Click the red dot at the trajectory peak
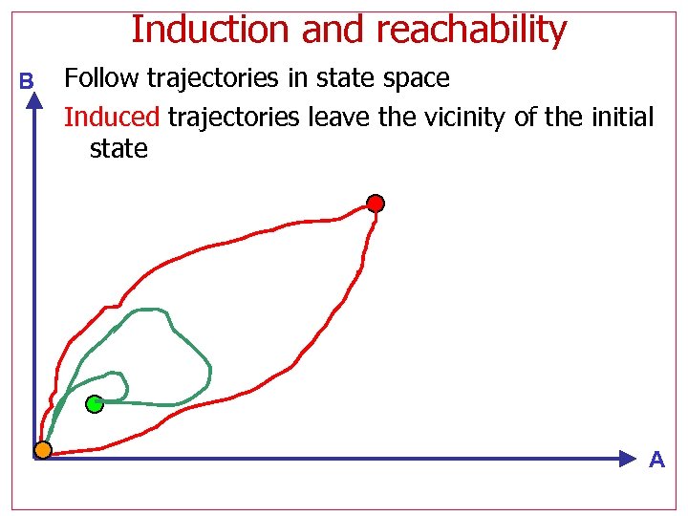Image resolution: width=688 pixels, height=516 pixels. tap(376, 204)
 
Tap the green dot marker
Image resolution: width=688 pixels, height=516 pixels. tap(94, 404)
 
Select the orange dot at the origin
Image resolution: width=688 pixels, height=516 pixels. tap(42, 449)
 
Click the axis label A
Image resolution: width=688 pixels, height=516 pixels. tap(656, 461)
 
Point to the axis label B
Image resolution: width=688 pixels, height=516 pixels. tap(27, 82)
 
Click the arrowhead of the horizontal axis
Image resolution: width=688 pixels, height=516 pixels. tap(626, 459)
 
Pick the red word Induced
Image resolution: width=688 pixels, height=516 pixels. tap(112, 118)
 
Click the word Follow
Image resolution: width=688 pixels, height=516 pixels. tap(101, 78)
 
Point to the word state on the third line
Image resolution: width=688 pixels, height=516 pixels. tap(118, 149)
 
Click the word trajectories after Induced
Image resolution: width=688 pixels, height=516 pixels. tap(230, 118)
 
